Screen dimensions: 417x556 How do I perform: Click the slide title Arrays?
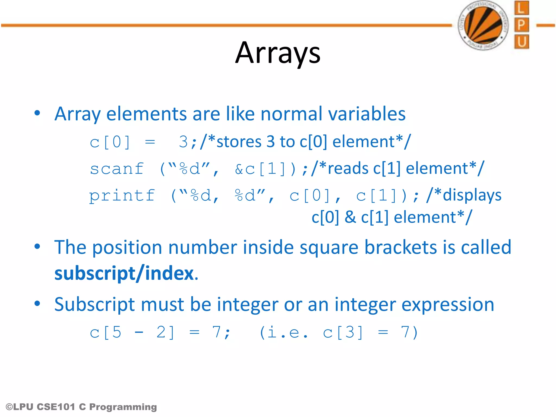(278, 53)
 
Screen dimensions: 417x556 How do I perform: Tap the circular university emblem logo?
(483, 25)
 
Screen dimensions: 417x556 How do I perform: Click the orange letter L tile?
(521, 8)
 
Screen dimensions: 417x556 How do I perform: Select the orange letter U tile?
(521, 42)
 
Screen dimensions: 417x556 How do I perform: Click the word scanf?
(117, 169)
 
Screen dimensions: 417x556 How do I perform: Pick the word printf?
(122, 196)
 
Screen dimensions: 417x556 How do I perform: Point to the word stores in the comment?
(239, 142)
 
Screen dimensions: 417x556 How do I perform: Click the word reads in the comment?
(348, 169)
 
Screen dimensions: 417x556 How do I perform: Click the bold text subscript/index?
(124, 273)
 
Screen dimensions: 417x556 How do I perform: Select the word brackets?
(400, 247)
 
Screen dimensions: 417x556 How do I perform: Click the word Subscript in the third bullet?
(94, 305)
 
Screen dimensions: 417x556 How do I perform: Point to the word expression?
(448, 305)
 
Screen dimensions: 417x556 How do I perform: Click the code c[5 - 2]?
(132, 332)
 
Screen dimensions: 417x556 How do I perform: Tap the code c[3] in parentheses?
(343, 332)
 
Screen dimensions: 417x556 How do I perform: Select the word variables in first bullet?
(367, 114)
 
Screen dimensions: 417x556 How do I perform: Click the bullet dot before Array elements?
(37, 113)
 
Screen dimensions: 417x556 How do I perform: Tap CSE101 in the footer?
(56, 407)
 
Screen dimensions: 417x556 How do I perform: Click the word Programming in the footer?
(123, 407)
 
